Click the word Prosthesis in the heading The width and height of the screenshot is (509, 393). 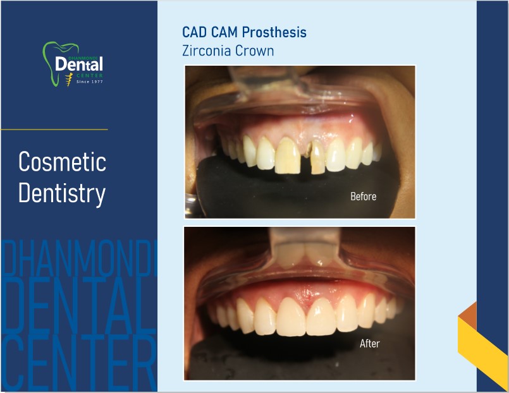(x=274, y=32)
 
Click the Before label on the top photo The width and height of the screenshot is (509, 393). (x=363, y=196)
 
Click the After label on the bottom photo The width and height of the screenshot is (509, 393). (x=369, y=343)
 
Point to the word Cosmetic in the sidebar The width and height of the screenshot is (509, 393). (x=63, y=162)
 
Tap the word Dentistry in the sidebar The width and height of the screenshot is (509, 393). (x=62, y=193)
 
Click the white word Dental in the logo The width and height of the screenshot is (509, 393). (x=79, y=64)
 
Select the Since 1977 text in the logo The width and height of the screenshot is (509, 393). (x=90, y=82)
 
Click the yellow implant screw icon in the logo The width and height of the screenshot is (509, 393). (x=68, y=80)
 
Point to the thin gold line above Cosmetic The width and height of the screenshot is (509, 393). (x=54, y=130)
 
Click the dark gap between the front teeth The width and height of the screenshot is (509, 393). (x=306, y=159)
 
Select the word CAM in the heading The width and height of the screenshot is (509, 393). (x=224, y=32)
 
